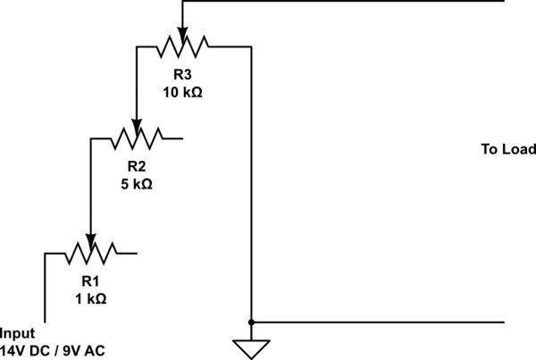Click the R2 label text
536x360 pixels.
[136, 166]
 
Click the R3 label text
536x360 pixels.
[182, 74]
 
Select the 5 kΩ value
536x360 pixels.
[136, 184]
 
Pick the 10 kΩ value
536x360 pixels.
[182, 92]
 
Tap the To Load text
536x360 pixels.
[507, 149]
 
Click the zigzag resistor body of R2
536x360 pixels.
[136, 138]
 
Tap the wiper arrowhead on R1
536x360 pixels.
[89, 239]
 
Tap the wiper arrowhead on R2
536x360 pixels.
[136, 125]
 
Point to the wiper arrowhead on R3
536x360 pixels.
[182, 33]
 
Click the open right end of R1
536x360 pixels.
[136, 253]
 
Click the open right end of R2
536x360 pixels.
[182, 138]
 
